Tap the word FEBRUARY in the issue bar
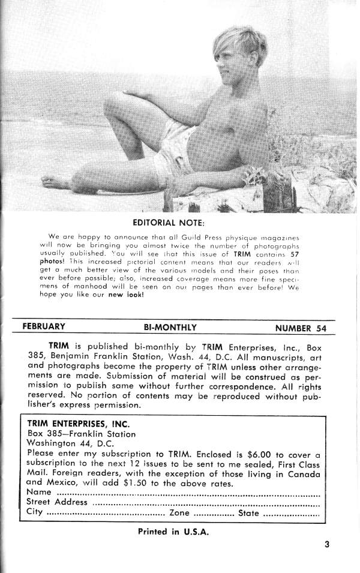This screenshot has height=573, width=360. [x=44, y=327]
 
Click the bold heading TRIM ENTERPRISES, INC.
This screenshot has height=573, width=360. [x=74, y=423]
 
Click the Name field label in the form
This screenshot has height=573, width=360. [x=39, y=493]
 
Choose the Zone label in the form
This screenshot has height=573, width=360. [x=180, y=513]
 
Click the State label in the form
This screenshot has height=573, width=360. [x=248, y=513]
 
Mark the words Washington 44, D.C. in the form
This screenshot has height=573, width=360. [x=62, y=444]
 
